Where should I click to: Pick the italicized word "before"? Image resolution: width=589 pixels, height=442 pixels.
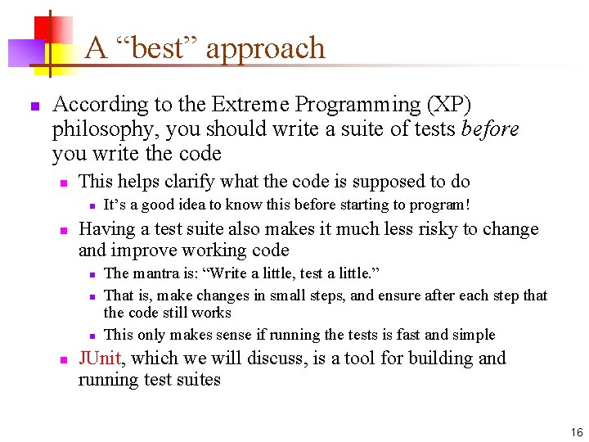point(490,129)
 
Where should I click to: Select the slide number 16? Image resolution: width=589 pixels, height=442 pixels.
point(577,432)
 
